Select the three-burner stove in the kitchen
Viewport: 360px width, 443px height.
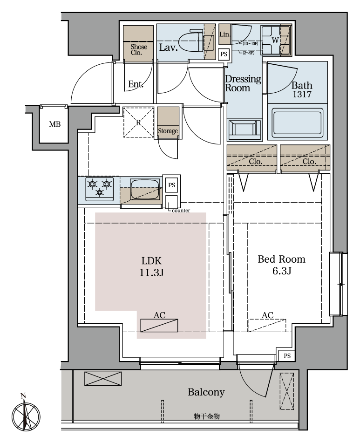(x=99, y=189)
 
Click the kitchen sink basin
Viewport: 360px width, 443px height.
(x=144, y=189)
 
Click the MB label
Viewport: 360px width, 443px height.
(x=54, y=124)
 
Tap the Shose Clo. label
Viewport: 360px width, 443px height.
(x=139, y=50)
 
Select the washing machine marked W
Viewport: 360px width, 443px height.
(x=275, y=40)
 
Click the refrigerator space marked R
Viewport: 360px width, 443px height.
(x=138, y=122)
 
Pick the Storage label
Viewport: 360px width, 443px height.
(x=168, y=131)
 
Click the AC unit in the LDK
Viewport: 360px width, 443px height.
(x=159, y=325)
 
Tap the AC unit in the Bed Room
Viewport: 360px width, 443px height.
(x=267, y=325)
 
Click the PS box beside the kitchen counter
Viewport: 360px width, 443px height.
(x=172, y=185)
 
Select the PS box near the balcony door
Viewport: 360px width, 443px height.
(x=287, y=356)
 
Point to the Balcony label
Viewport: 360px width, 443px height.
(x=206, y=392)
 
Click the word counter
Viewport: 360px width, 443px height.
(x=181, y=211)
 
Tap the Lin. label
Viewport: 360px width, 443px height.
(x=225, y=34)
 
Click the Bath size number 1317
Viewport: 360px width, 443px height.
(x=302, y=95)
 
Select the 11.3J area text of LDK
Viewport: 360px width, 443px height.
(x=152, y=273)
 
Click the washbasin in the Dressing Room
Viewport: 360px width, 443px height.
(x=245, y=130)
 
